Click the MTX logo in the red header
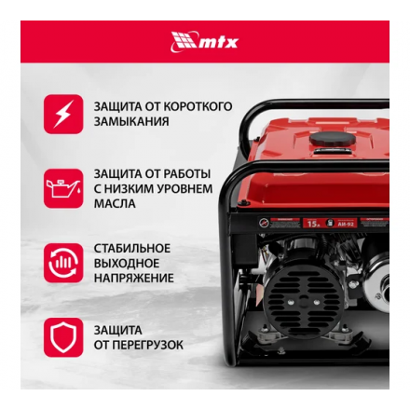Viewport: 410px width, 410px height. (x=204, y=41)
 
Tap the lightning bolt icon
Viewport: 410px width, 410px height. (x=63, y=114)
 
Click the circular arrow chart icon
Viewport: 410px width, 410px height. (x=63, y=263)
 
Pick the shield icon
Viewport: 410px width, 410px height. (x=63, y=337)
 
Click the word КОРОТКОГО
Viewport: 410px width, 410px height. (x=199, y=106)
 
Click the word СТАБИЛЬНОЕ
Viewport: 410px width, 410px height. (x=132, y=248)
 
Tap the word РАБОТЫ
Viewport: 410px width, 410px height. (x=187, y=173)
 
